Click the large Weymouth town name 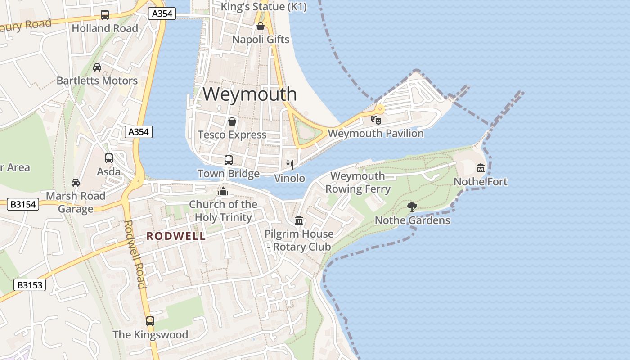click(x=250, y=94)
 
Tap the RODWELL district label click(x=176, y=236)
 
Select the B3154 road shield click(x=23, y=205)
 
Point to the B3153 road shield click(x=30, y=285)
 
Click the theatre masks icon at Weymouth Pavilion click(x=376, y=120)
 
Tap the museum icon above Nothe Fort click(x=481, y=168)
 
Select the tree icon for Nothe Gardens click(x=412, y=207)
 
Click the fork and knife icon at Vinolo click(x=290, y=165)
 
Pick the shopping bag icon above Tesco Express click(x=232, y=121)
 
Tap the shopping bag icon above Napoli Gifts click(x=260, y=26)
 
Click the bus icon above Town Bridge click(x=229, y=160)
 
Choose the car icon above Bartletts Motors click(x=97, y=67)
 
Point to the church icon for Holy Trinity click(x=223, y=192)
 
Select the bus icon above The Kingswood click(x=150, y=321)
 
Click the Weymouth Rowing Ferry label click(x=358, y=182)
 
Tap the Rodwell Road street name click(x=135, y=254)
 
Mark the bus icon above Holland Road click(x=105, y=15)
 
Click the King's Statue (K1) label click(x=264, y=7)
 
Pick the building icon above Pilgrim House click(x=299, y=220)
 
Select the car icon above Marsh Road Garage click(x=76, y=183)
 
